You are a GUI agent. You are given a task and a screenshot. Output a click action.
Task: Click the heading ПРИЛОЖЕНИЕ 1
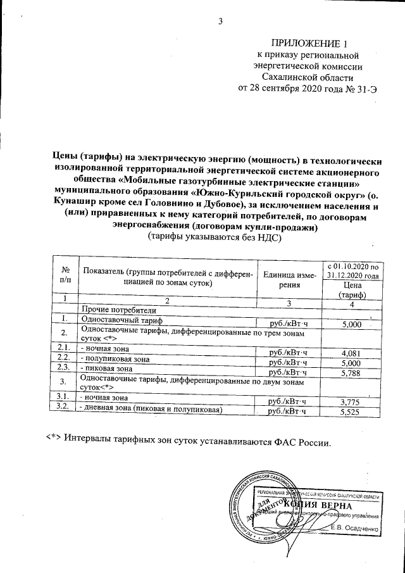[309, 44]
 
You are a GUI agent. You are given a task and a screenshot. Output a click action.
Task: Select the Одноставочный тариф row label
[120, 320]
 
